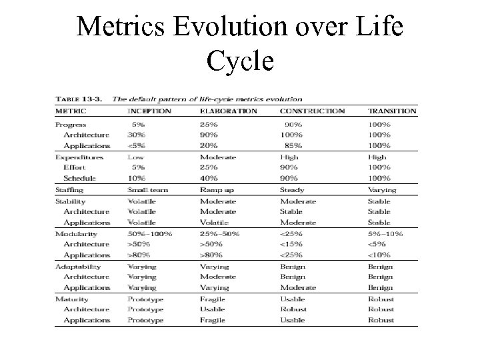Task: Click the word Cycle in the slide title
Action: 240,61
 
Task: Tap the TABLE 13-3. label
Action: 79,99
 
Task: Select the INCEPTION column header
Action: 149,111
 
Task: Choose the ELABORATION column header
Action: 228,111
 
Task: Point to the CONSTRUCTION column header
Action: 312,111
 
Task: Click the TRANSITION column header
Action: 392,111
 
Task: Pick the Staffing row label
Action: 70,190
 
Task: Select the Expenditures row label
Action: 79,157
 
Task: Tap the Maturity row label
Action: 71,299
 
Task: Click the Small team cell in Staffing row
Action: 148,190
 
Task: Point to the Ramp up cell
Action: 216,190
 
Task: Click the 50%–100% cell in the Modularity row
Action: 150,234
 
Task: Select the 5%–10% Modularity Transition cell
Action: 385,234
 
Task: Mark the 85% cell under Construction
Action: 293,146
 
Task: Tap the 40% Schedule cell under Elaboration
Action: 208,179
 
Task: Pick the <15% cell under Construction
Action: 291,245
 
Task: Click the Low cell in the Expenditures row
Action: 135,157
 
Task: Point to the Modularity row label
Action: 76,234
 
